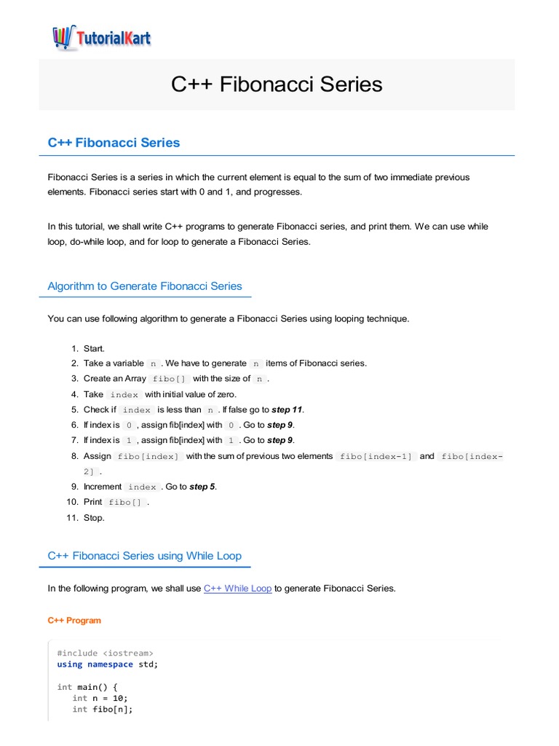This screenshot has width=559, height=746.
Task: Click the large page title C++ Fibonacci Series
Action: pos(277,84)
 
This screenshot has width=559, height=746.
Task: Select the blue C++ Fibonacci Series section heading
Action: pos(114,143)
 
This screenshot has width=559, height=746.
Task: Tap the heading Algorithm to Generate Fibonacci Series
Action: pos(144,286)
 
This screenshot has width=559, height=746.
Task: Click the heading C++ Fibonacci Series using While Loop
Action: pos(144,556)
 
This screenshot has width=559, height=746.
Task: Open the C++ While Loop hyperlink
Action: pos(237,588)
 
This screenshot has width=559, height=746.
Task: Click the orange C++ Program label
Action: pos(74,621)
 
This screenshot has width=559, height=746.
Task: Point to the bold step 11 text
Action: pos(287,409)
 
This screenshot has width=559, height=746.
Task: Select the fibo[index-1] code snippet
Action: pos(376,456)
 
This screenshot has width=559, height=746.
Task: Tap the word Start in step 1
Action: pos(94,348)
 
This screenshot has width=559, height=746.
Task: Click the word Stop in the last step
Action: pos(94,518)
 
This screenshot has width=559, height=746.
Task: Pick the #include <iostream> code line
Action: pos(105,653)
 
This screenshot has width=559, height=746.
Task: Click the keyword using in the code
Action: pos(70,664)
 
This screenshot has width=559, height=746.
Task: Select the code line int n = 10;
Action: pos(100,698)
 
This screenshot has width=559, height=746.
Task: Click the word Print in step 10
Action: pos(93,502)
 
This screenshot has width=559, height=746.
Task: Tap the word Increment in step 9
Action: pos(103,487)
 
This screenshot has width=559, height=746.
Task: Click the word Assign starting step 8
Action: pos(98,456)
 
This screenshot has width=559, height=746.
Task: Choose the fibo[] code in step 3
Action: pos(169,379)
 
